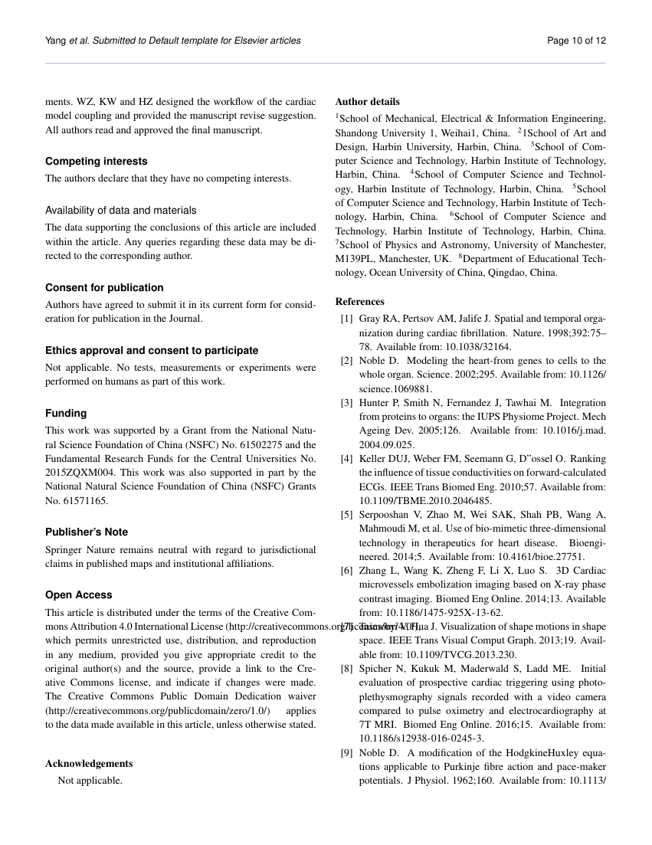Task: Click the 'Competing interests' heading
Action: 96,162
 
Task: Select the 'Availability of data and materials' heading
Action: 120,210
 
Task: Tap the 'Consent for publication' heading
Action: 104,287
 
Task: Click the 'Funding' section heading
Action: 66,413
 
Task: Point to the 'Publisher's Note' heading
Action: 87,532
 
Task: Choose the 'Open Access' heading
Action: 78,594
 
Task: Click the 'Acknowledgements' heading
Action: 89,763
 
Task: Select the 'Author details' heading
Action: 367,101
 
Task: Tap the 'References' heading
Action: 360,301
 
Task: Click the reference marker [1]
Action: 346,318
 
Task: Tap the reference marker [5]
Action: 346,514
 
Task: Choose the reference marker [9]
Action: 346,753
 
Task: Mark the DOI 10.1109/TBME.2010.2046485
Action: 416,500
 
